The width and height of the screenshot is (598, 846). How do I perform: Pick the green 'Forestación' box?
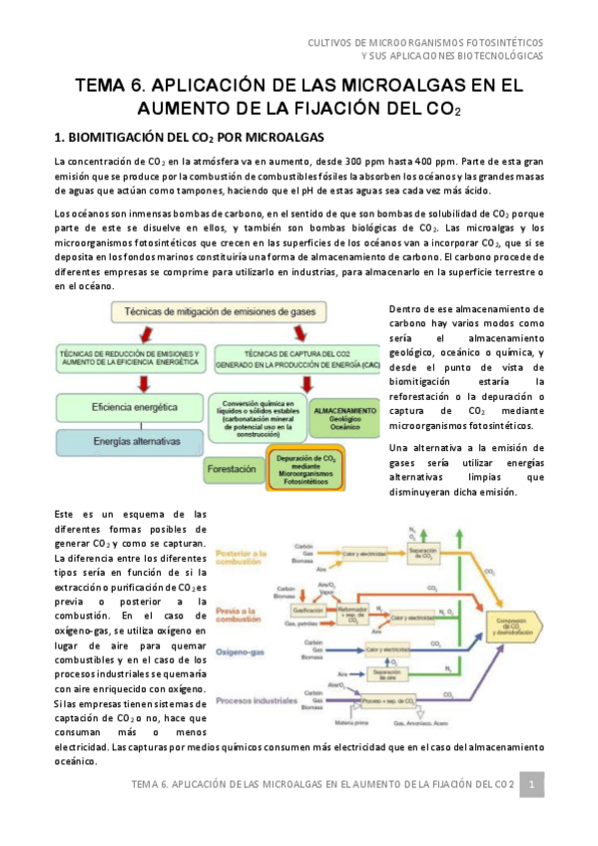[232, 467]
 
